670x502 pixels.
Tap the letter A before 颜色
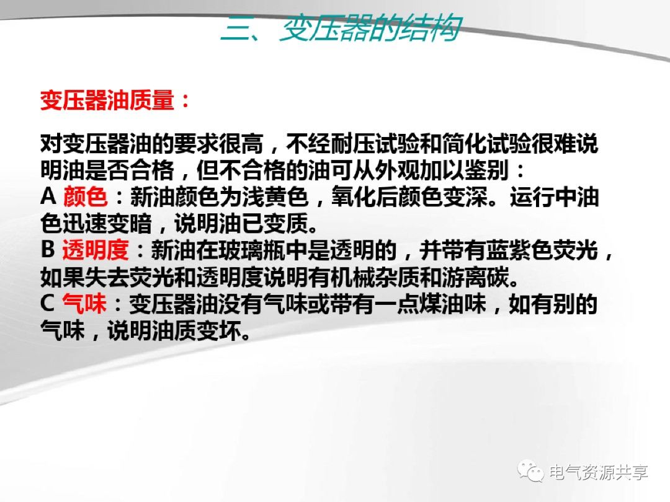pos(49,197)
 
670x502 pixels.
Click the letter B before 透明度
pos(48,250)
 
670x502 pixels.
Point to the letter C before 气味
pos(49,304)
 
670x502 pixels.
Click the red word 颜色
pos(85,197)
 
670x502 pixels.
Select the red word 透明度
pos(96,250)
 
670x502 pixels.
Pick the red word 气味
pos(85,304)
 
